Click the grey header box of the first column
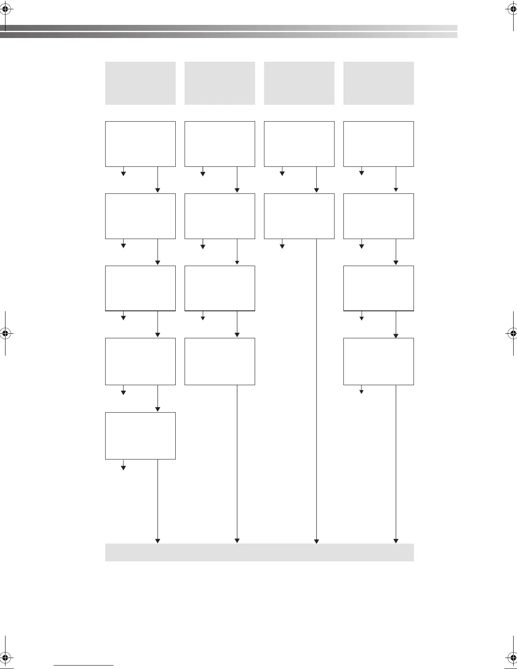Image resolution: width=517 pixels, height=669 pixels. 140,83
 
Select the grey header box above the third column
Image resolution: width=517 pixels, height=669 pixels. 299,83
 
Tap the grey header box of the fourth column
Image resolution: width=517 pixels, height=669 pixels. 378,83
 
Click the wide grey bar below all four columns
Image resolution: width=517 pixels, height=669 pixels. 259,552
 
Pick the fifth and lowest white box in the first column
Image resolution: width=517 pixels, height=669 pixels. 140,436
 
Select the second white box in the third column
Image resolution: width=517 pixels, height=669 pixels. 299,216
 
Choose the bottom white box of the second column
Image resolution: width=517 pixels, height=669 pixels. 220,362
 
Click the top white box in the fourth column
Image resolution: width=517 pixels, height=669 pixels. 378,144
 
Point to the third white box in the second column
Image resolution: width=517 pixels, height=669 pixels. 220,288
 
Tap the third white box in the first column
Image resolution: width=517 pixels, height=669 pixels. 140,288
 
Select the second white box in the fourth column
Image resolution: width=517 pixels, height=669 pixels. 378,216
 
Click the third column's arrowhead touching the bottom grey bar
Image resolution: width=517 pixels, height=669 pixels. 316,541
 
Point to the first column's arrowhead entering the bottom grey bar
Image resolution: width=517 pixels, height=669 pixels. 158,541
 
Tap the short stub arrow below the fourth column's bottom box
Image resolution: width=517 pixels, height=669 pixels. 361,391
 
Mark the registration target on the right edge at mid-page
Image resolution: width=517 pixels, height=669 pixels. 512,333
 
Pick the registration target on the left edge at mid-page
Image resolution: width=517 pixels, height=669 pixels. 5,333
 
